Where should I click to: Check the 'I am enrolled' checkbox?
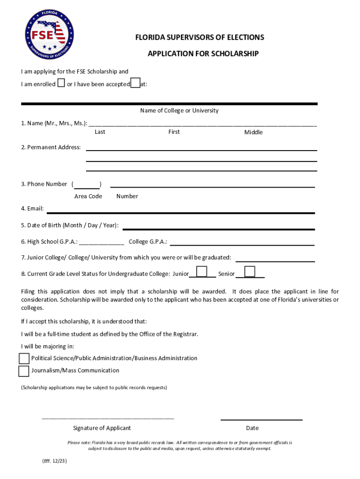[x=61, y=84]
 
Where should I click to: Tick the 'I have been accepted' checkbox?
[x=135, y=83]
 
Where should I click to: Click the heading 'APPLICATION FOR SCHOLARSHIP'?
[x=203, y=54]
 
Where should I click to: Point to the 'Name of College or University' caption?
[x=179, y=111]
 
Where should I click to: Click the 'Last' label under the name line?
[x=100, y=132]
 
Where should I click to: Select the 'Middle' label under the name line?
[x=253, y=132]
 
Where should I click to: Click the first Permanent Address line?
[x=201, y=149]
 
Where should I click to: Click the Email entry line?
[x=180, y=211]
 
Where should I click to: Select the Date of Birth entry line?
[x=218, y=228]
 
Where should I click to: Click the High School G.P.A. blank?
[x=101, y=243]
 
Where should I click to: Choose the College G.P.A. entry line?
[x=242, y=244]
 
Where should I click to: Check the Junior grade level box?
[x=202, y=272]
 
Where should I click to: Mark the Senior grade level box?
[x=250, y=272]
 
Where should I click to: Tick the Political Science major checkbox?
[x=24, y=358]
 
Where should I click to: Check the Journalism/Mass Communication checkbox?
[x=24, y=371]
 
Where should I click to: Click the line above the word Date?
[x=261, y=419]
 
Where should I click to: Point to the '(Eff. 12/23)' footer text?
[x=55, y=461]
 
